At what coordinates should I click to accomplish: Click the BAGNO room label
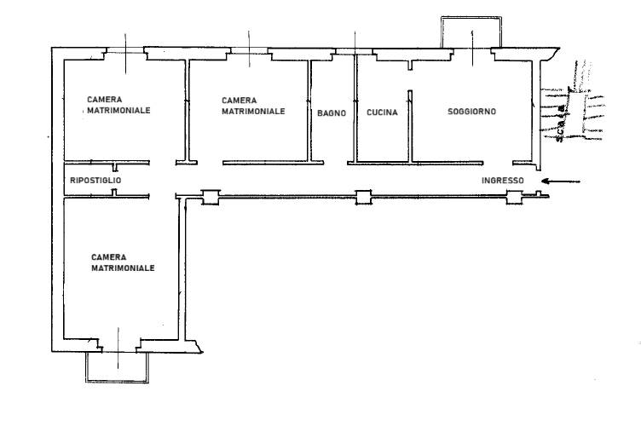[332, 112]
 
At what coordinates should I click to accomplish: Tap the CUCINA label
[382, 112]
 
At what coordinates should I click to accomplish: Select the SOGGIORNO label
[471, 112]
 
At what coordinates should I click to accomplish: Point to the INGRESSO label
[502, 181]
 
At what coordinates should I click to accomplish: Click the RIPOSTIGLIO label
[95, 180]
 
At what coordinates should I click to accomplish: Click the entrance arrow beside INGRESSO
[561, 181]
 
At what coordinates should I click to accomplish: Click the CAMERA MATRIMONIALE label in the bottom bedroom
[123, 262]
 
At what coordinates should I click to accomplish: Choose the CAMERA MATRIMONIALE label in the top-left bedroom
[118, 105]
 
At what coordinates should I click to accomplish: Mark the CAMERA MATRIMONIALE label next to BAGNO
[253, 106]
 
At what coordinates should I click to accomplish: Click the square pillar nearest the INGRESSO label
[515, 197]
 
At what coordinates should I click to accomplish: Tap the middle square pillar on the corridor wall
[363, 197]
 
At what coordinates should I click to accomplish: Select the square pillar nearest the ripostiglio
[211, 198]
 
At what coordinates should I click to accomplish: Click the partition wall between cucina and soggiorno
[410, 126]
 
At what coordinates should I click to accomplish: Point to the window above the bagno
[354, 51]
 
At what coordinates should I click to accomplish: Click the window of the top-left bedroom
[125, 49]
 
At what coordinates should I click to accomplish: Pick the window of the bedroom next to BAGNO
[250, 50]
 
